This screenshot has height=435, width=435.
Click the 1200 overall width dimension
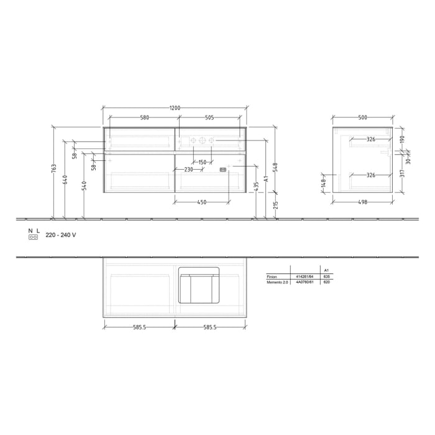pos(175,108)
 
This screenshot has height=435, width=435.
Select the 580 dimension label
pos(144,117)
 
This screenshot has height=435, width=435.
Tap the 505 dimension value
pos(209,117)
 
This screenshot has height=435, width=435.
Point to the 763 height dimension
pos(54,168)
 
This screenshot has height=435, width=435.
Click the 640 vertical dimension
pos(64,180)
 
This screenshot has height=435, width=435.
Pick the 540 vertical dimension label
pos(84,185)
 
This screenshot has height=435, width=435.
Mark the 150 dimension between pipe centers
pos(202,162)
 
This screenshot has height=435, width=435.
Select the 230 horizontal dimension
pos(188,169)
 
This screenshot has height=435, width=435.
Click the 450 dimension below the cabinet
pos(202,201)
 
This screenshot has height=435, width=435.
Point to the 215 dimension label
pos(276,205)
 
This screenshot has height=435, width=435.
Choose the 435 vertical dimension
pos(256,186)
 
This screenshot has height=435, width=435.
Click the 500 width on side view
pos(362,117)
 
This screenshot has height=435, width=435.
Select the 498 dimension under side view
pos(362,201)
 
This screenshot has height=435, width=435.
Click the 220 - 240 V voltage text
pos(61,236)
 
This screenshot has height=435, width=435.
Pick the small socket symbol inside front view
pos(222,168)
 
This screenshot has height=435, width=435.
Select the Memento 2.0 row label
pos(277,282)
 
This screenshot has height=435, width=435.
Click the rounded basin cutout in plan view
pos(199,285)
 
